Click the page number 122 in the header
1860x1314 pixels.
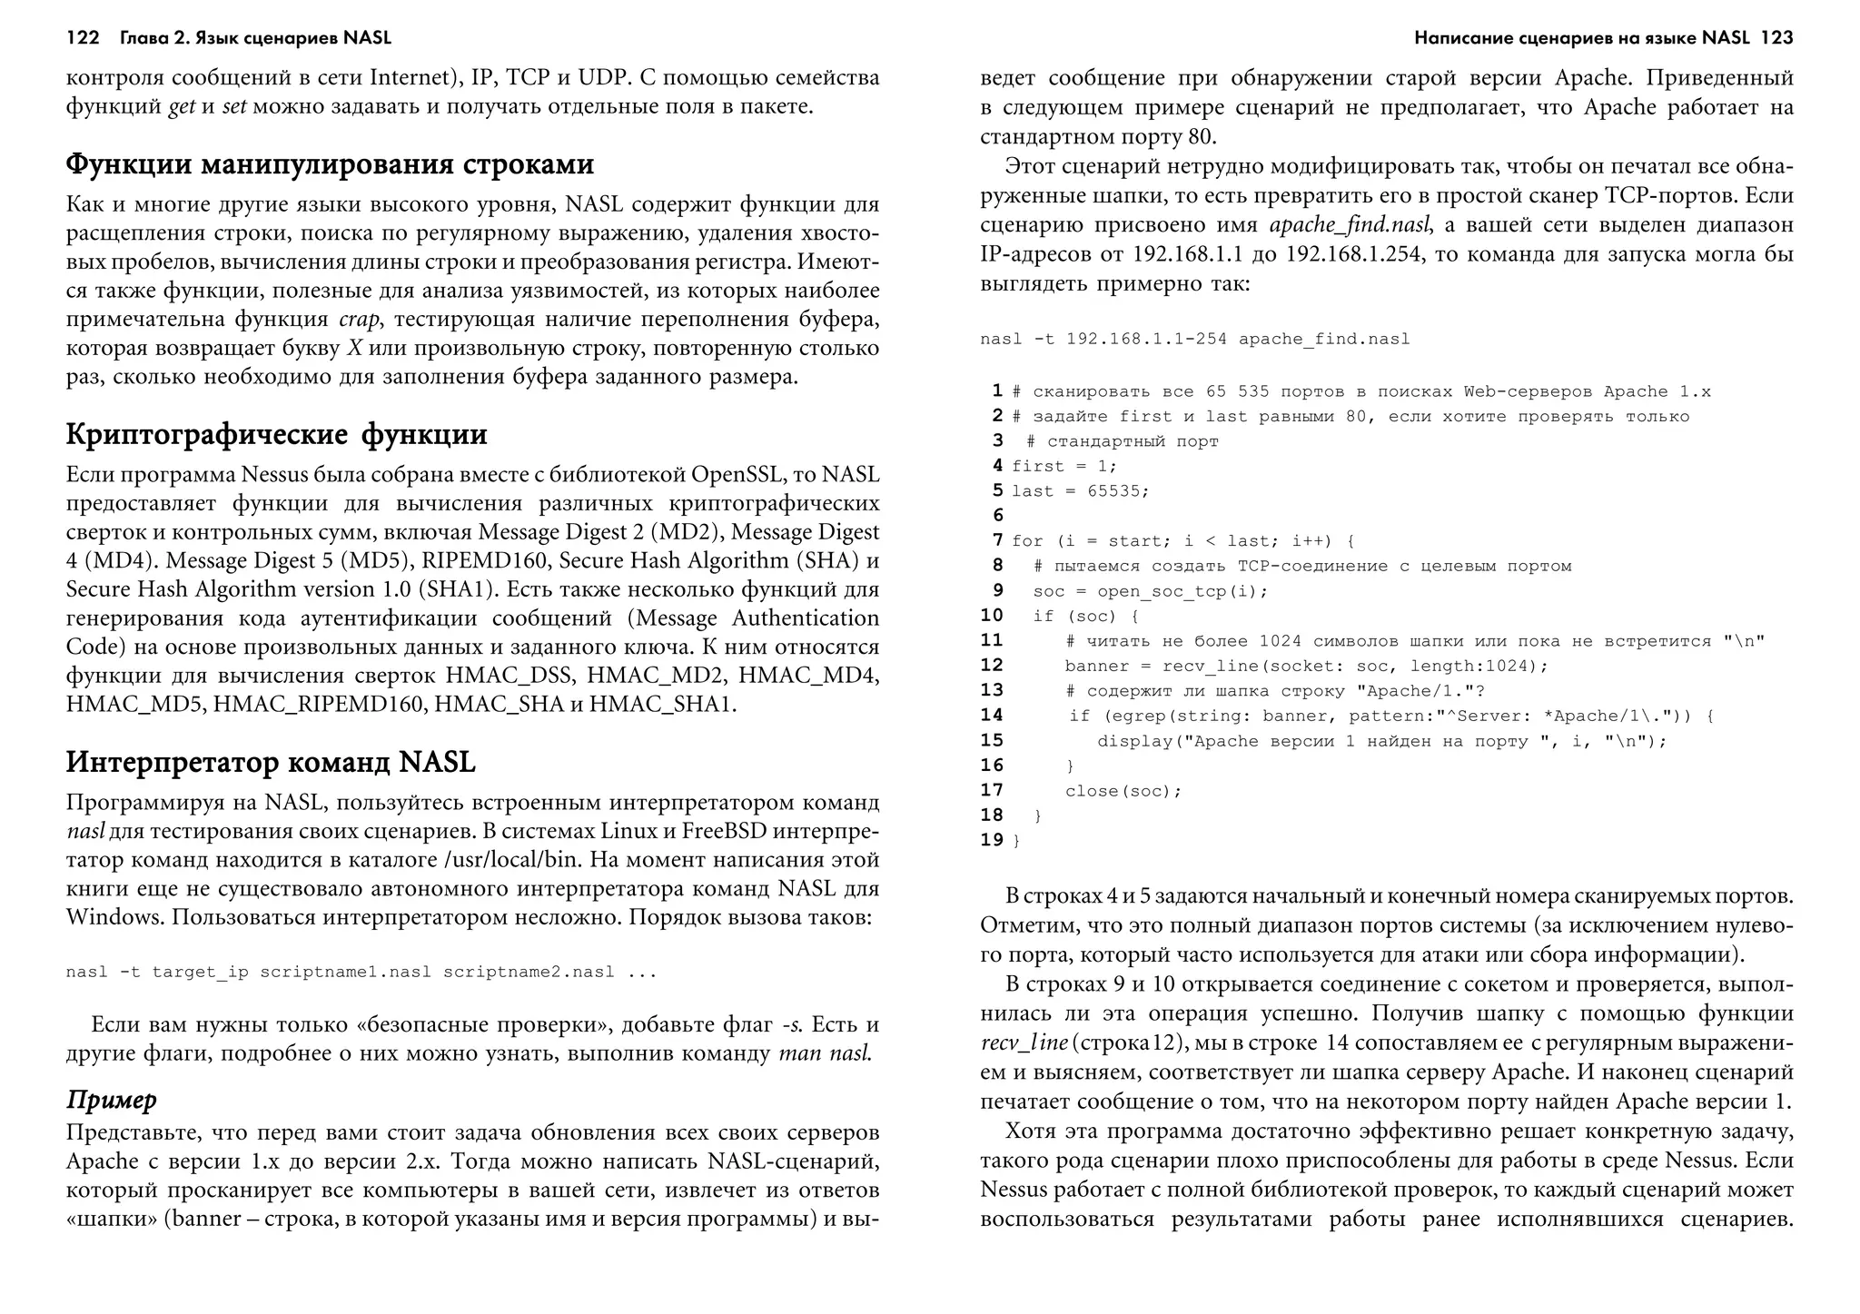(82, 38)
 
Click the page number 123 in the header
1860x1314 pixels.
(1776, 38)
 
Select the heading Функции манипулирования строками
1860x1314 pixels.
(330, 164)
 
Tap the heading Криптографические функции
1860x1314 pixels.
(276, 434)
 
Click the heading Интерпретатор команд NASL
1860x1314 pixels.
(271, 762)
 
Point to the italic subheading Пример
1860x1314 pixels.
(111, 1101)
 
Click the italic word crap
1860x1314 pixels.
(360, 320)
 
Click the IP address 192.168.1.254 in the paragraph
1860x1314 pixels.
(1353, 254)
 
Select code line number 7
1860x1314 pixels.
(997, 540)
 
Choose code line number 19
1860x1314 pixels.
(991, 840)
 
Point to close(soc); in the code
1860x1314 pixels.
(1123, 791)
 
